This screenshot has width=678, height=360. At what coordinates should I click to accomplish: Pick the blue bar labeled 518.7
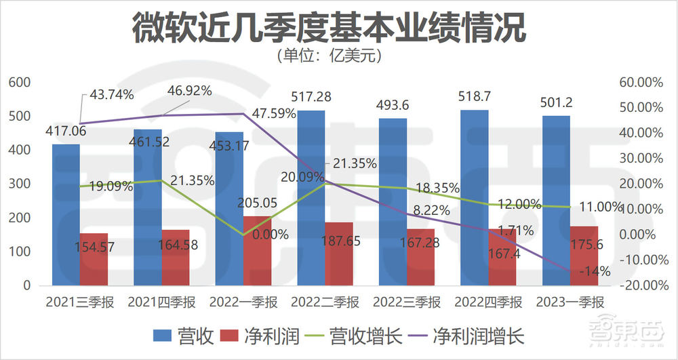coord(475,197)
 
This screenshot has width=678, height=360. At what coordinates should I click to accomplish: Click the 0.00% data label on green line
coord(268,235)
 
